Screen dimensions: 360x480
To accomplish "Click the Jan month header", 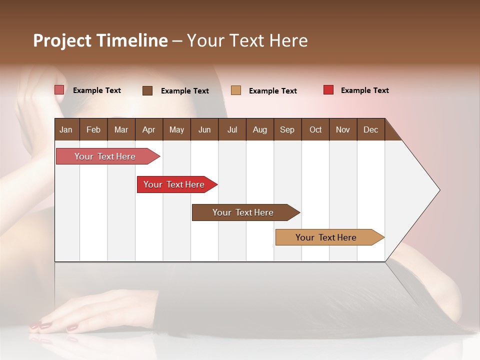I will pos(66,129).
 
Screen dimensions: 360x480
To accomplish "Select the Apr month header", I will pos(148,129).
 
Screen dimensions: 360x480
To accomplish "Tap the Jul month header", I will pos(232,129).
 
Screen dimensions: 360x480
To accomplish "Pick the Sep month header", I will pos(287,129).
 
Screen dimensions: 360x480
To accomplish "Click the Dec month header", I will pos(370,129).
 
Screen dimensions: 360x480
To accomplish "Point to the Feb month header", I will pos(93,129).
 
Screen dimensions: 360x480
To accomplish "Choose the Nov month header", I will pos(342,129).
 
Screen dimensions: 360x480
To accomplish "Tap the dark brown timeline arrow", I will pos(243,212).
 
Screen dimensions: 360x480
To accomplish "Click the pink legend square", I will pos(59,90).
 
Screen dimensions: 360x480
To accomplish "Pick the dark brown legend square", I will pos(147,90).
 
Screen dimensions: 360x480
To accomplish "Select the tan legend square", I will pos(236,90).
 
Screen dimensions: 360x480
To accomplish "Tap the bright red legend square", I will pos(328,90).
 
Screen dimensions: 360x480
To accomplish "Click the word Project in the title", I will pos(62,40).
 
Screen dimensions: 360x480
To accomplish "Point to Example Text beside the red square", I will pos(364,90).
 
